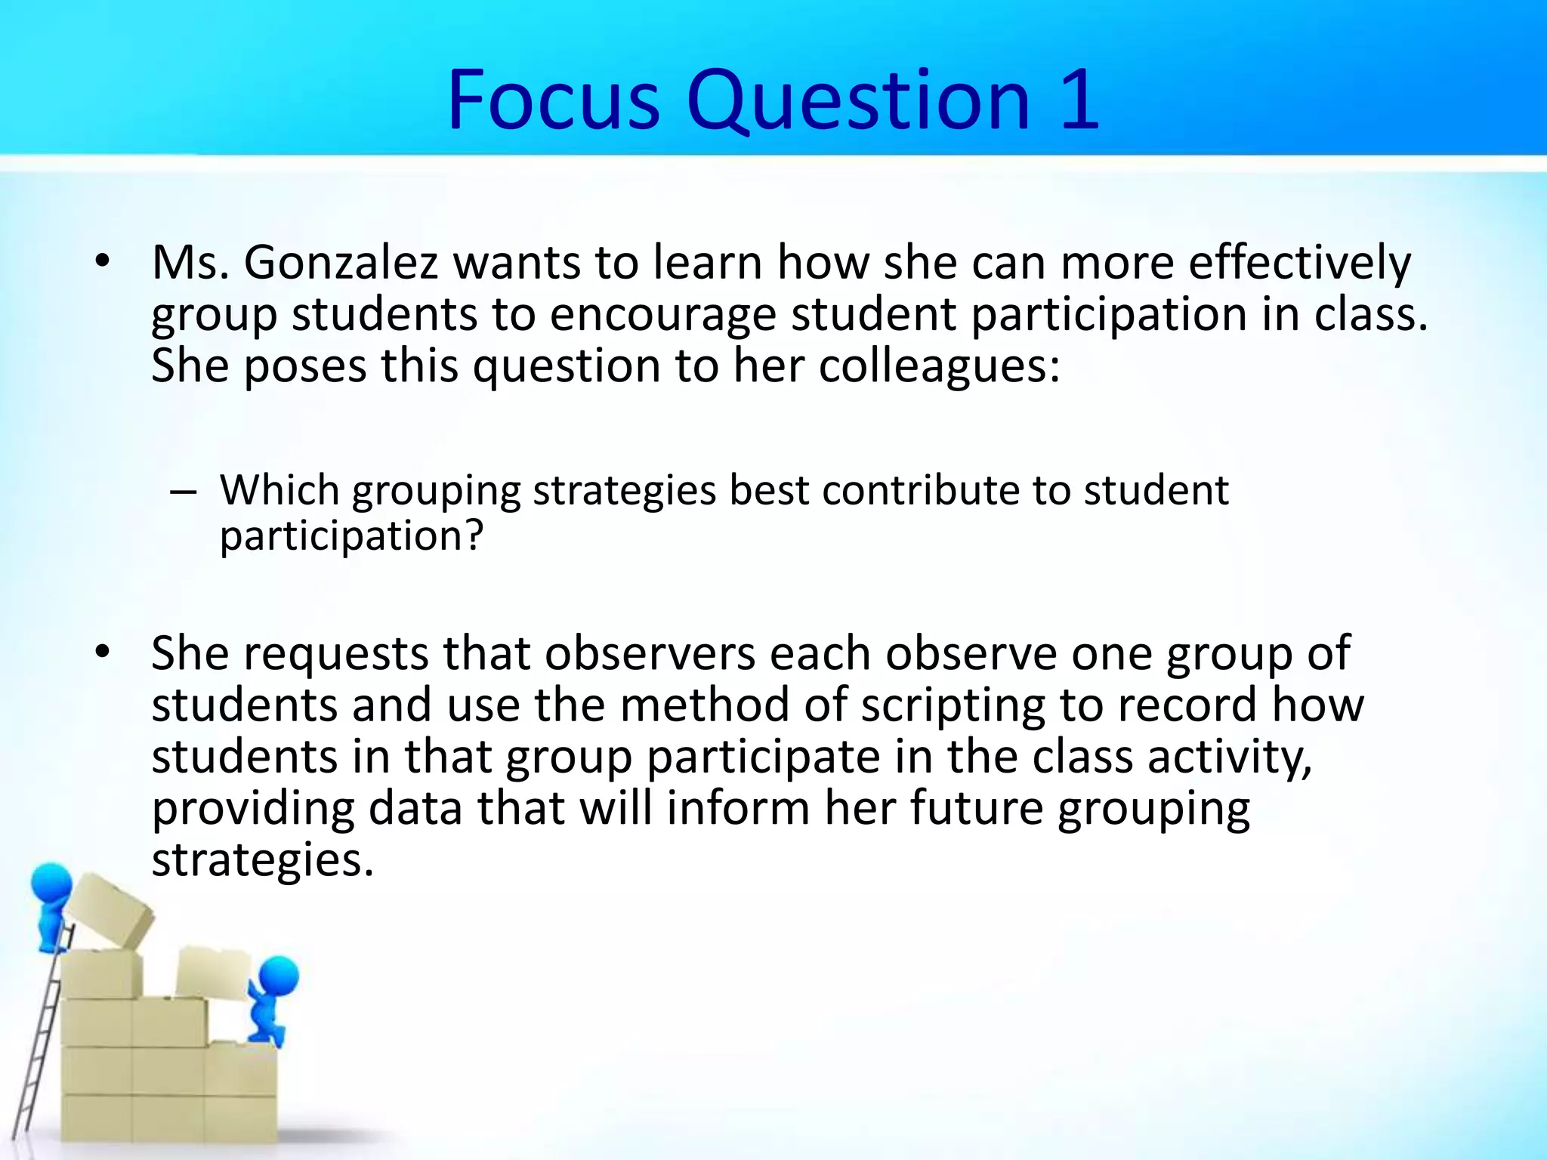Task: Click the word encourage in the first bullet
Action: tap(662, 314)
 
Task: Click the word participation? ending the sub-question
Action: tap(351, 536)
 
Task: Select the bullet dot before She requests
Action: tap(103, 651)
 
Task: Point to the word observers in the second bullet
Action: tap(650, 652)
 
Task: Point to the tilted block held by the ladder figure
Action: tap(110, 910)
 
